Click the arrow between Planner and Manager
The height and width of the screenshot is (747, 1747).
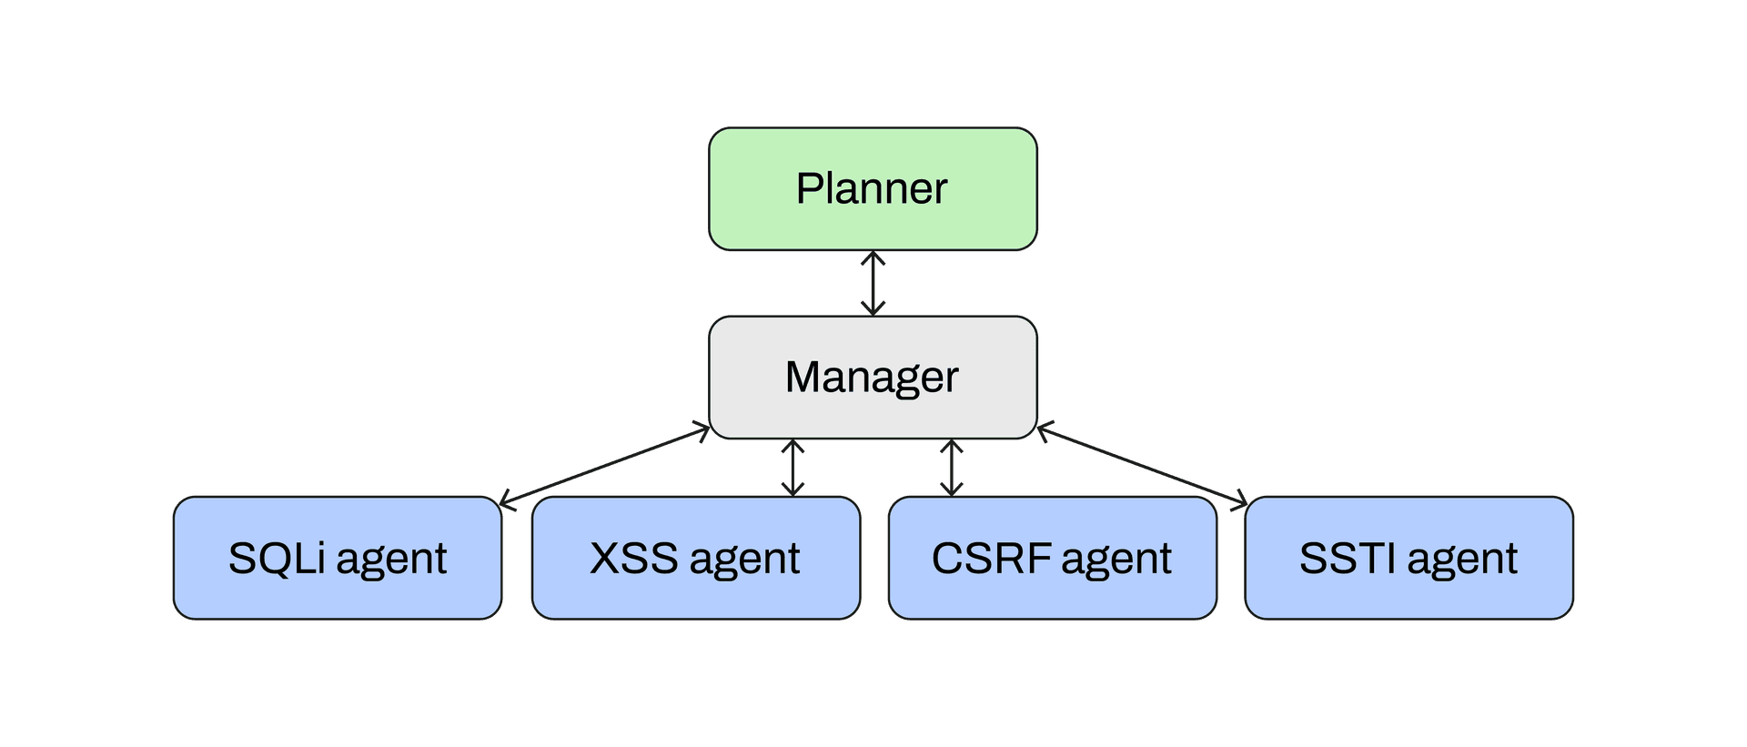pyautogui.click(x=873, y=284)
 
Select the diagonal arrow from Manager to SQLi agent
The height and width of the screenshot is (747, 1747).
pyautogui.click(x=605, y=465)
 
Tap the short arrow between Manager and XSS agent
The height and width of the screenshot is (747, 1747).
pyautogui.click(x=793, y=469)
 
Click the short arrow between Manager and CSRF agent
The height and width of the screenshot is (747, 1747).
pyautogui.click(x=952, y=469)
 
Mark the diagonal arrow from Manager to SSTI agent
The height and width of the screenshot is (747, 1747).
pyautogui.click(x=1143, y=465)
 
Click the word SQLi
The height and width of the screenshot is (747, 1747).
pyautogui.click(x=277, y=558)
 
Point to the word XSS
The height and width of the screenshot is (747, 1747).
pyautogui.click(x=633, y=558)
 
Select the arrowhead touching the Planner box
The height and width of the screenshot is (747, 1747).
pyautogui.click(x=873, y=258)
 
